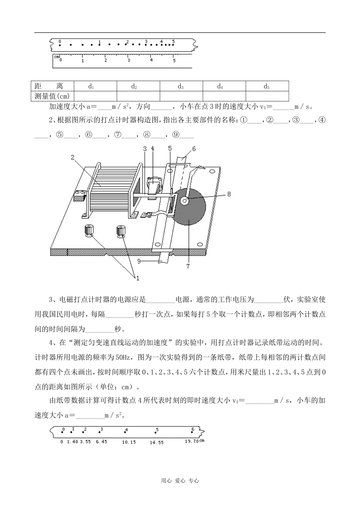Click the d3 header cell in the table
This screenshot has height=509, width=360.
coord(181,86)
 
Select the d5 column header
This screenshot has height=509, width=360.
coord(267,86)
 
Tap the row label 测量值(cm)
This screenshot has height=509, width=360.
coord(52,96)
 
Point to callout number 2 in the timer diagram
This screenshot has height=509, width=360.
coord(72,158)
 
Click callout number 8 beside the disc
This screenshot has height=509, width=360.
coord(229,194)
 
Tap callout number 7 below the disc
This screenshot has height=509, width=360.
coord(188,266)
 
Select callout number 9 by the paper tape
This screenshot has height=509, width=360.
coord(139,261)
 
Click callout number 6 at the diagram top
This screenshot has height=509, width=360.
coord(194,149)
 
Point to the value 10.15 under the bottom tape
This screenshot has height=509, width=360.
coord(129,442)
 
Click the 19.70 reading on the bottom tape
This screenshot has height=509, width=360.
coord(192,441)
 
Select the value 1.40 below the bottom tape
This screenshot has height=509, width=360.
coord(72,442)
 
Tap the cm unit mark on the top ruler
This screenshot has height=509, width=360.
coord(56,57)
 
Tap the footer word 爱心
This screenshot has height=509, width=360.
coord(180,481)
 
